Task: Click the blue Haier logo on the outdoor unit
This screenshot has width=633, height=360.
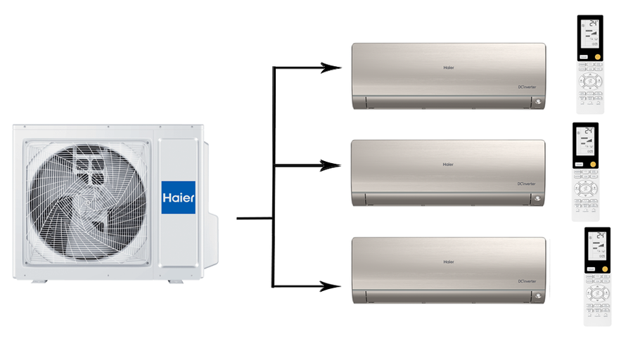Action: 179,198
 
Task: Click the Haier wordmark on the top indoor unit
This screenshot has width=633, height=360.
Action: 448,68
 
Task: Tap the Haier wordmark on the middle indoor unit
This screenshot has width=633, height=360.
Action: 448,165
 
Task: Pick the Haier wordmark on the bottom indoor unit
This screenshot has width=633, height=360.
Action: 448,262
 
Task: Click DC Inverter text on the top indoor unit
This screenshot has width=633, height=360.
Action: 527,87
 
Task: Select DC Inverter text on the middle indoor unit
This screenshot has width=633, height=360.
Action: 527,184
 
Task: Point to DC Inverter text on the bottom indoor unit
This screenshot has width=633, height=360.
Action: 527,281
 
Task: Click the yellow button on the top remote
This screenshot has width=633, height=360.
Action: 598,54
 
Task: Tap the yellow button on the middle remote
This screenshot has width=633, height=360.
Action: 594,164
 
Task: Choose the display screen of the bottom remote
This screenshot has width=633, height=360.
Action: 597,247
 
